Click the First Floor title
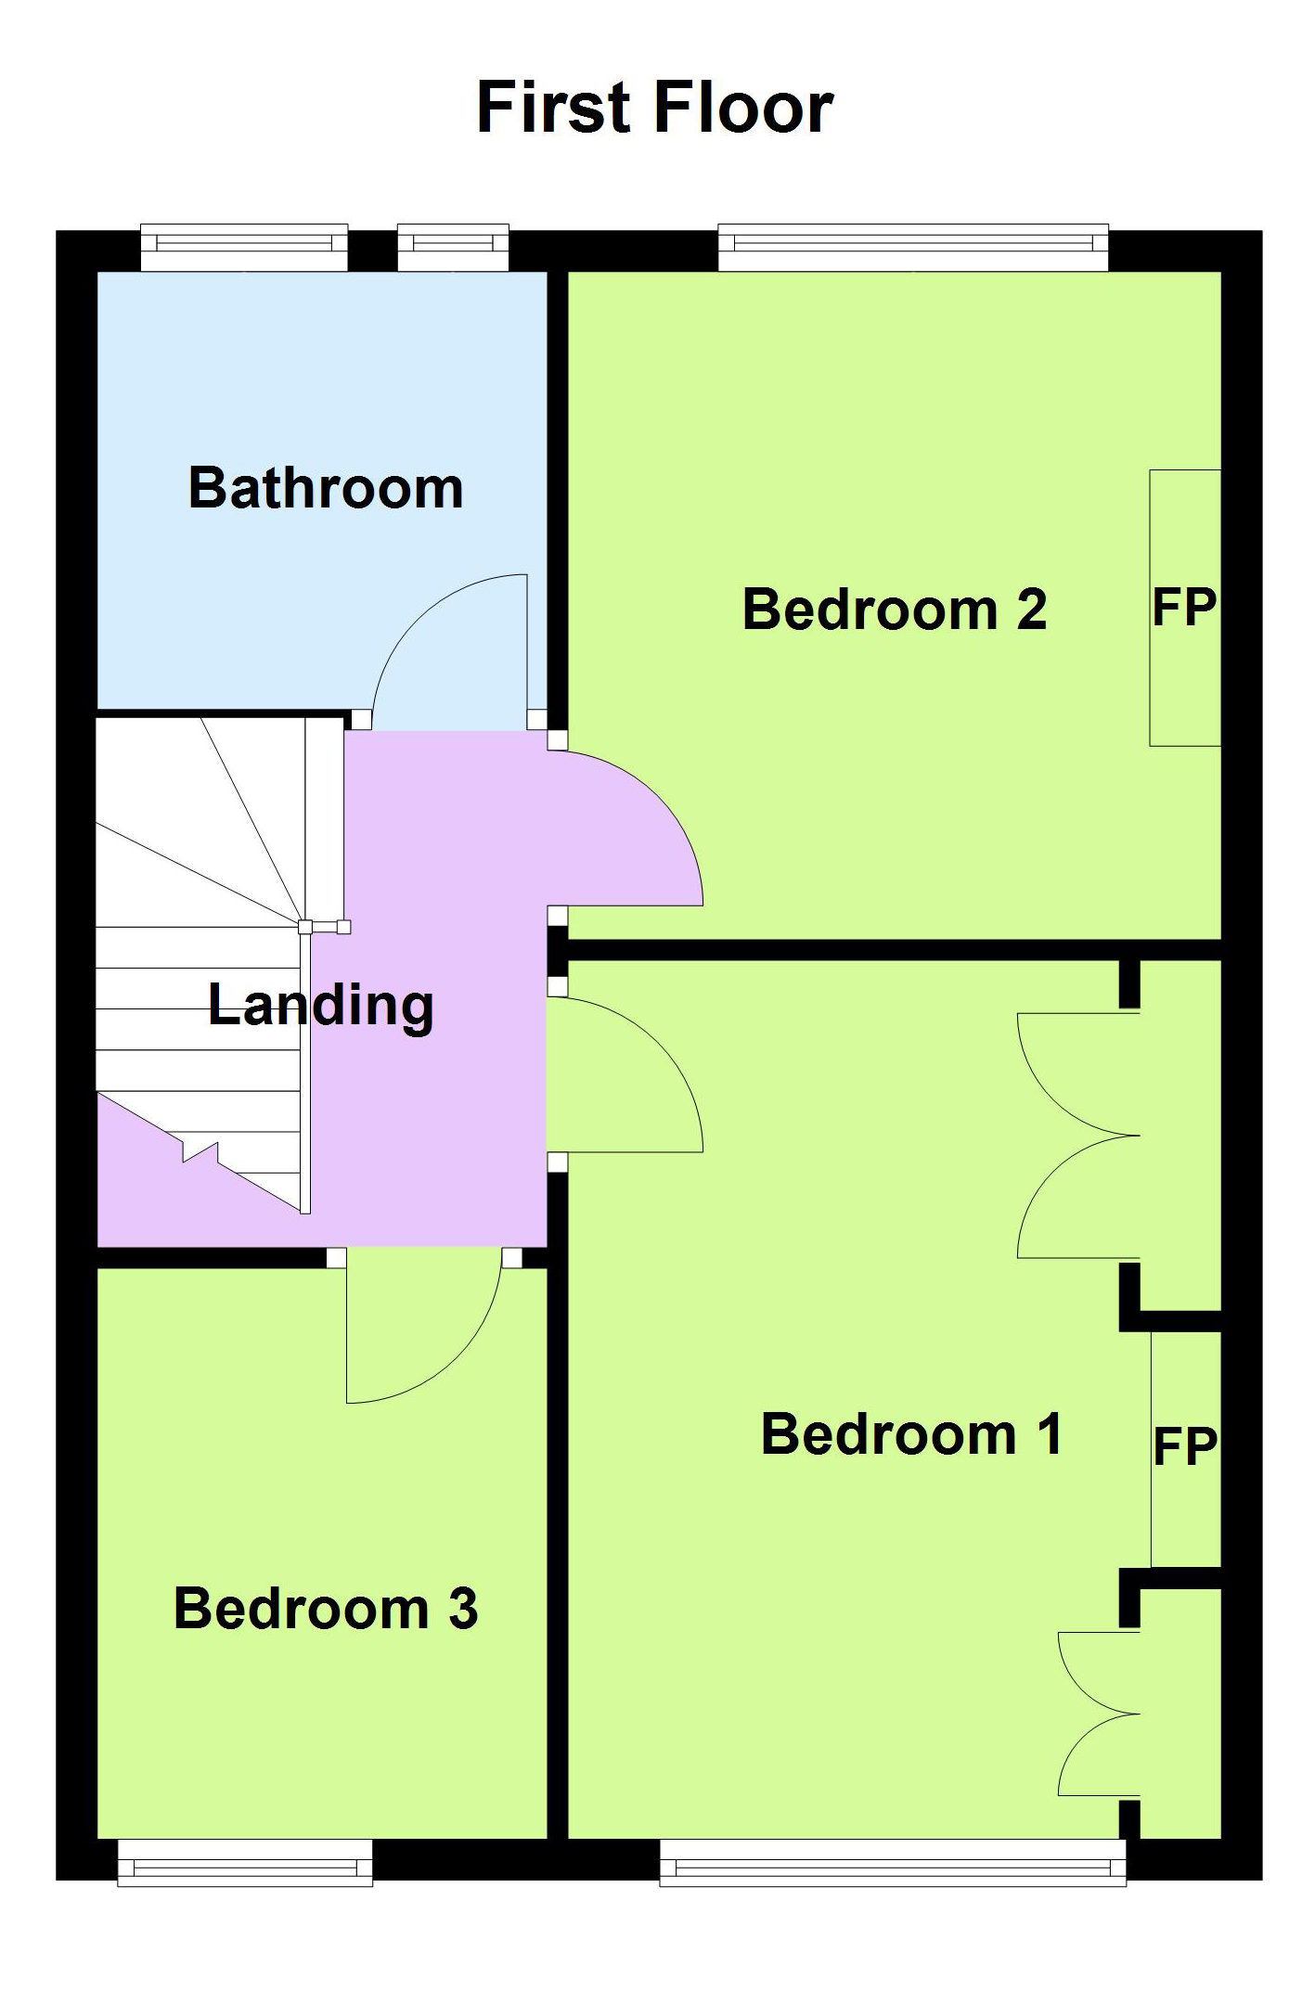pos(655,108)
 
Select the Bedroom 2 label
pos(895,610)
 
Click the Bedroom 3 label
pos(326,1608)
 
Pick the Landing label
pos(321,1006)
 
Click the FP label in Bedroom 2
pos(1184,608)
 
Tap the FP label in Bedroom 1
pos(1185,1446)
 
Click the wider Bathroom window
pos(244,247)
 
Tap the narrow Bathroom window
pos(453,247)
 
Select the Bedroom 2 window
pos(913,247)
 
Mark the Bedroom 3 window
pos(245,1863)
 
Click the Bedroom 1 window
pos(893,1863)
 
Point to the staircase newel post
pos(305,926)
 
